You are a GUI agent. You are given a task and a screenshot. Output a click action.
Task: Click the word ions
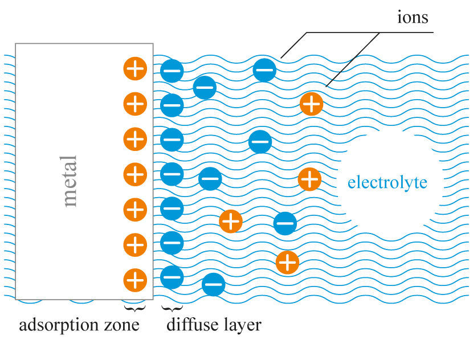point(413,17)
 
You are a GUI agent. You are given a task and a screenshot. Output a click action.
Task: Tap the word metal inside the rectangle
point(70,181)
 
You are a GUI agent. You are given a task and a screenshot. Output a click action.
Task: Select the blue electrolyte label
point(387,183)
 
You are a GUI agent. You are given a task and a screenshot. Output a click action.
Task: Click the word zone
point(122,326)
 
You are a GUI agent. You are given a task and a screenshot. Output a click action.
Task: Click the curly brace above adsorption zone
point(135,308)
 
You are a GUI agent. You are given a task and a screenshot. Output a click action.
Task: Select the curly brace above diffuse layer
point(172,308)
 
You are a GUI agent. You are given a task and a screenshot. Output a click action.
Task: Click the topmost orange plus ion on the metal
point(135,69)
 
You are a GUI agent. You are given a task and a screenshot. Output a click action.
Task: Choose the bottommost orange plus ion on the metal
point(135,280)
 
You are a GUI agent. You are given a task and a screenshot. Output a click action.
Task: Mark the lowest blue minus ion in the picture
point(213,284)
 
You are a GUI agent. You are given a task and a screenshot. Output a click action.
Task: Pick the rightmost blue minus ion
point(285,223)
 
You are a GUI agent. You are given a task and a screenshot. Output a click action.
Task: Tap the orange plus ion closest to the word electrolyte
point(309,179)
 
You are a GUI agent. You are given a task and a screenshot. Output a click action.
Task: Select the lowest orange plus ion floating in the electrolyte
point(287,263)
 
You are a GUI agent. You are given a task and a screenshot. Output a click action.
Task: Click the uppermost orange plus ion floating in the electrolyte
point(311,104)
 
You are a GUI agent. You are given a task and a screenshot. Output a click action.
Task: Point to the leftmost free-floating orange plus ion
point(231,221)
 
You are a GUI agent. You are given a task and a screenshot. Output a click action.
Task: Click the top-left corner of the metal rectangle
point(16,44)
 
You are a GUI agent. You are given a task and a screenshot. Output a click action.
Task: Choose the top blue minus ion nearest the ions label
point(264,70)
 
